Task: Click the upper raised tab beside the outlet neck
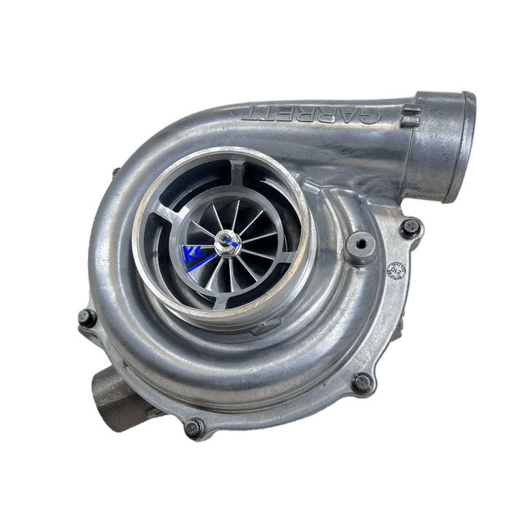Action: tap(408, 111)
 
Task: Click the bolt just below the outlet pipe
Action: tap(411, 226)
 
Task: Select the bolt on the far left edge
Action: tap(87, 317)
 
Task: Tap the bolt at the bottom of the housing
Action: tap(192, 428)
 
